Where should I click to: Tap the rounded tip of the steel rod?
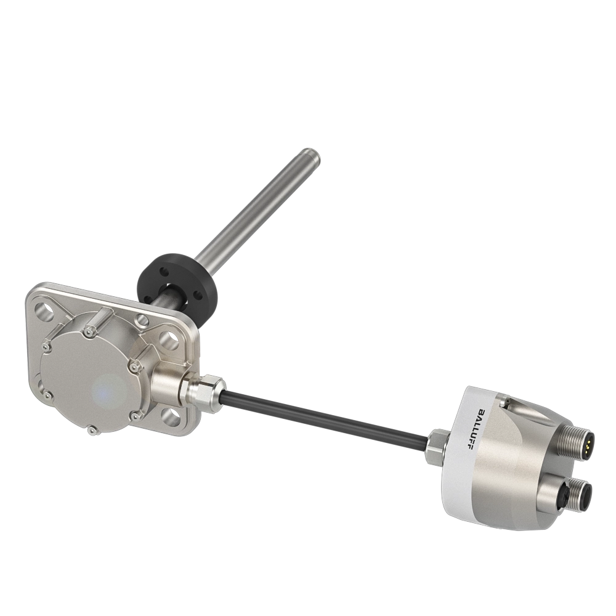tap(309, 155)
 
